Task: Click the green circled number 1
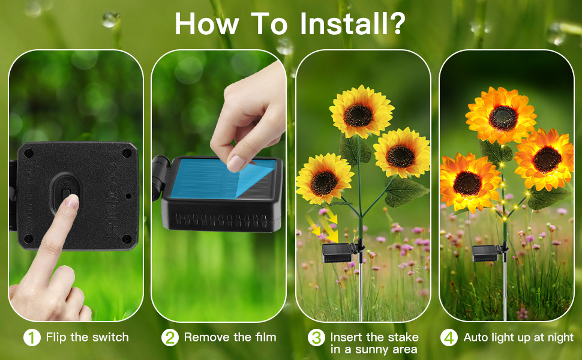pos(32,338)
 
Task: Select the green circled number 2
pos(170,338)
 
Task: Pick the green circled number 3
pos(316,338)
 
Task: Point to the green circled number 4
pos(449,338)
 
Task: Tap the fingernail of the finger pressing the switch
pos(72,201)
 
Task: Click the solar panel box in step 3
pos(337,253)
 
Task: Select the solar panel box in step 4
pos(486,253)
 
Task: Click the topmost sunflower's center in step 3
pos(358,115)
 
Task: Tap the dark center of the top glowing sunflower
pos(503,118)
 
